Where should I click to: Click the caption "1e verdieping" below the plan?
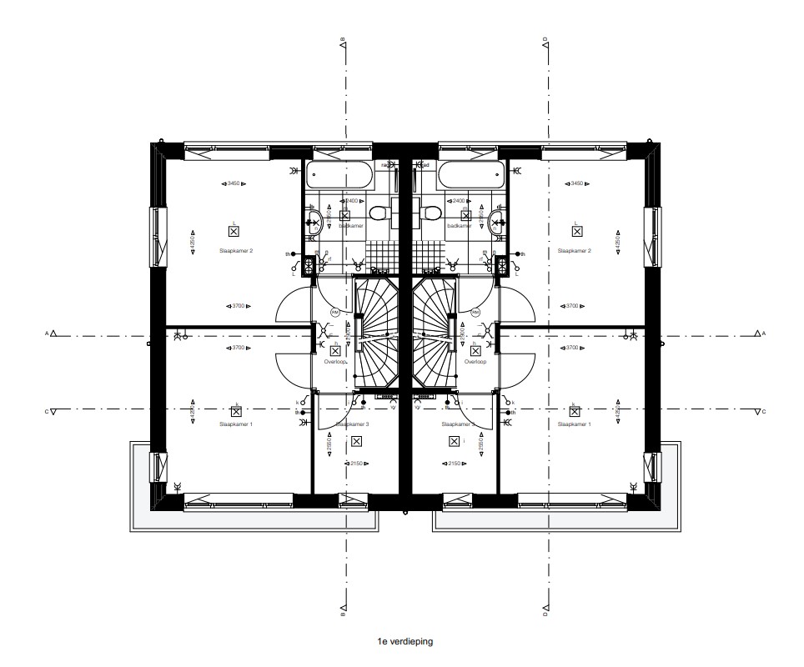(x=405, y=642)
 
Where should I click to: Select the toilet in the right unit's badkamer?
(x=432, y=213)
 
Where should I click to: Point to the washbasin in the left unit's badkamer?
(x=315, y=221)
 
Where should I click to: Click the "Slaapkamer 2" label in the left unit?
(x=235, y=250)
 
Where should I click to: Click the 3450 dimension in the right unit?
(x=574, y=183)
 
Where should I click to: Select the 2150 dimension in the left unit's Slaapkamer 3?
(x=356, y=464)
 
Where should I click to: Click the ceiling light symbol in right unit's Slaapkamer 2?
(x=575, y=233)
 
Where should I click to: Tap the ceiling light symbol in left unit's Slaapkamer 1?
(x=236, y=411)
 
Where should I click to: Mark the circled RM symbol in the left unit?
(x=335, y=312)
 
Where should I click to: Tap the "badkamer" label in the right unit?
(x=459, y=226)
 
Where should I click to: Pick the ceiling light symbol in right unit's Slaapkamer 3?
(x=454, y=441)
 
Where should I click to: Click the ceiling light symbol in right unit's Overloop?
(x=475, y=351)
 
